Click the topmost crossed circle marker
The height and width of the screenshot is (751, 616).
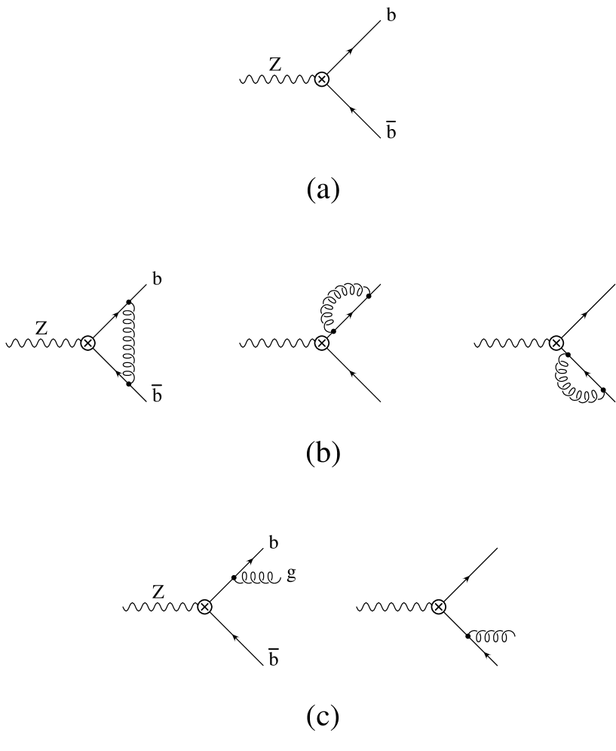pos(322,79)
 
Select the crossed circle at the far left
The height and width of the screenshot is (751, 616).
pos(88,343)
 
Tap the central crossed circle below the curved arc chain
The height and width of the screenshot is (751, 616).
pos(322,343)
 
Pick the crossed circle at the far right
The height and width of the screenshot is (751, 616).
pos(556,343)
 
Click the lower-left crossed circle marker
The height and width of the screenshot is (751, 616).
pos(204,607)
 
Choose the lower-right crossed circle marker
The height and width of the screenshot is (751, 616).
pos(439,607)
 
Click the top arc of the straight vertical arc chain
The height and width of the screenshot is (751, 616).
pos(132,312)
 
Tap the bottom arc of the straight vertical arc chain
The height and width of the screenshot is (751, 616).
pos(133,374)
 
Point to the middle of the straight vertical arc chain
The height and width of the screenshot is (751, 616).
pos(132,343)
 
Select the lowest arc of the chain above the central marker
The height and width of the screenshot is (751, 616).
pos(324,326)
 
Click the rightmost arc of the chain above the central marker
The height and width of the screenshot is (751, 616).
pos(360,287)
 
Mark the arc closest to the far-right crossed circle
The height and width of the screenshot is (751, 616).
pos(559,360)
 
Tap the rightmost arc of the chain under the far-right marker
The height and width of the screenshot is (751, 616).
pos(595,399)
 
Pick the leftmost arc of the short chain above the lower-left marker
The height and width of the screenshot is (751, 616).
pos(244,581)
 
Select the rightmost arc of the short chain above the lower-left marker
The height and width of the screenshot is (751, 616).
pos(271,581)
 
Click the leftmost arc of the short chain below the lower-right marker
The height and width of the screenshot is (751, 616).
pos(479,633)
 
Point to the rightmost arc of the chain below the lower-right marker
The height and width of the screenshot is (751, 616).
pos(505,633)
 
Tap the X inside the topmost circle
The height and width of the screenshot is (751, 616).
pos(322,79)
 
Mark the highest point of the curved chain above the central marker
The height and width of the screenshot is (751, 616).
pos(351,285)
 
